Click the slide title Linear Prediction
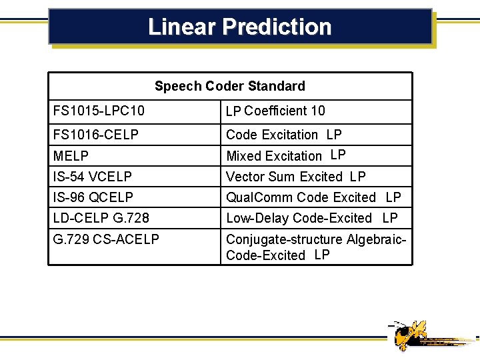(239, 27)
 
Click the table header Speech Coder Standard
(230, 86)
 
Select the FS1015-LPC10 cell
(99, 111)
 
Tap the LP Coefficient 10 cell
(275, 111)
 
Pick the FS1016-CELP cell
(96, 135)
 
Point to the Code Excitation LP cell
(283, 135)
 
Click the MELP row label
(71, 156)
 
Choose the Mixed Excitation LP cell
(285, 156)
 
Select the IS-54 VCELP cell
(93, 177)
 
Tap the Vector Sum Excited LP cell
(295, 177)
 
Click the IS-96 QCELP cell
(93, 197)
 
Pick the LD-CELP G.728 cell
(101, 218)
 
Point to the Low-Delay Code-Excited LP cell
(311, 218)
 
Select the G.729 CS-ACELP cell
(106, 239)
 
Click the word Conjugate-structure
(285, 239)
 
